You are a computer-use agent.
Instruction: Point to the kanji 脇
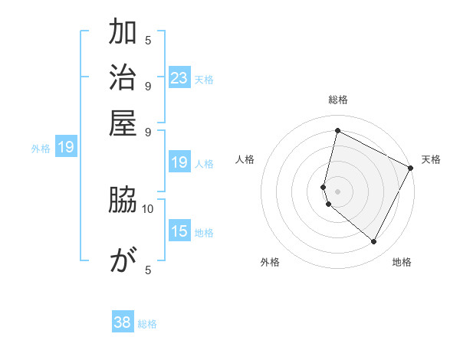tap(123, 201)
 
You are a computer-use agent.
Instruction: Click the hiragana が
tap(123, 261)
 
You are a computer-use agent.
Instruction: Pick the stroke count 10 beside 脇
tap(148, 208)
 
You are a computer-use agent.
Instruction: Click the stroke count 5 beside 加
tap(148, 40)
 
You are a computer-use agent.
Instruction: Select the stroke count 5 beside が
tap(148, 270)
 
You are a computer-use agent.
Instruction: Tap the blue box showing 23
tap(179, 78)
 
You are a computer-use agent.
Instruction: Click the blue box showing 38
tap(123, 322)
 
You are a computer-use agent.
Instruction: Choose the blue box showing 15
tap(179, 231)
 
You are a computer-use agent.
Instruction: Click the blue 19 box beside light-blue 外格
tap(66, 147)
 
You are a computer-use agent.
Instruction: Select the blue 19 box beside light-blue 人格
tap(179, 162)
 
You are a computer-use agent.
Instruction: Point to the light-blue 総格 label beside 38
tap(148, 324)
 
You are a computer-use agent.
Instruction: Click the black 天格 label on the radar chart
tap(431, 159)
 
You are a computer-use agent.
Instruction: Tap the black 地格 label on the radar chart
tap(402, 262)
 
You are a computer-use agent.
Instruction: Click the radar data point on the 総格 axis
tap(337, 130)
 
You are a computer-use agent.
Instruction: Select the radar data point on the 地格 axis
tap(373, 241)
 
